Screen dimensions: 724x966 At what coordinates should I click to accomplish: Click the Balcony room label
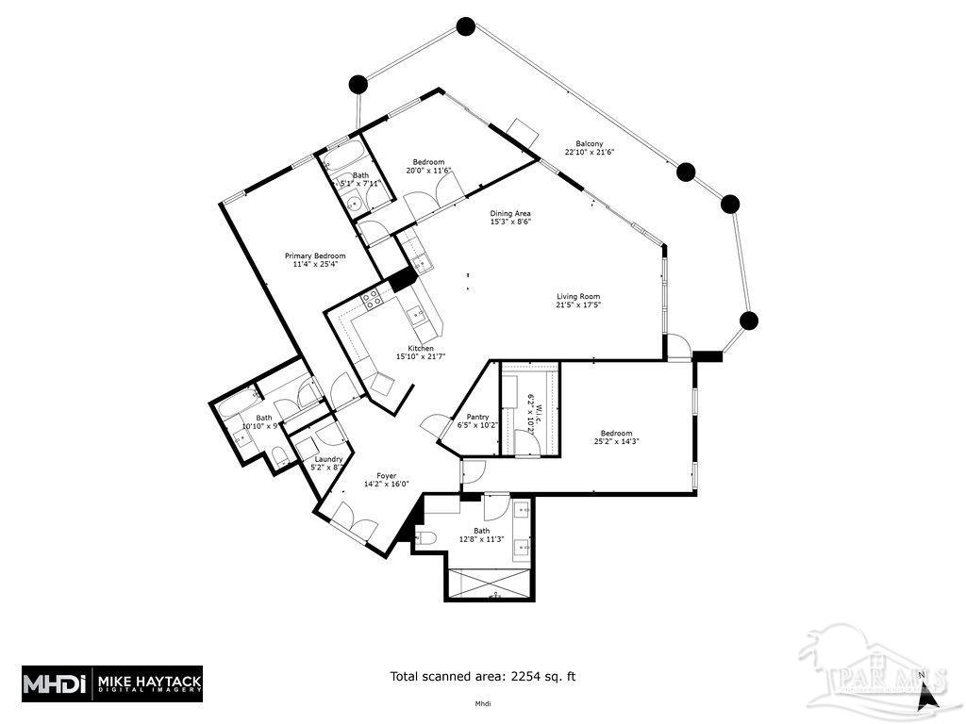584,143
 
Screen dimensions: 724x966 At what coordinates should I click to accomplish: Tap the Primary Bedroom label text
315,256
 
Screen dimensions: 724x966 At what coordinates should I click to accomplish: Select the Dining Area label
509,213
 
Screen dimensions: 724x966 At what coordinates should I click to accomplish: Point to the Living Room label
577,297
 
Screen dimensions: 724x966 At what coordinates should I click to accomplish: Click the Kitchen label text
421,348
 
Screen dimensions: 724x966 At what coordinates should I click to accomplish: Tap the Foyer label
387,476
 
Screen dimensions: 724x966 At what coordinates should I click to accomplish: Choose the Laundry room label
328,459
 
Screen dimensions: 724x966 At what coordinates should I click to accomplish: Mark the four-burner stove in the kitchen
372,300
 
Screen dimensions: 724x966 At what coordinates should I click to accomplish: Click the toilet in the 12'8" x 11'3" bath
425,538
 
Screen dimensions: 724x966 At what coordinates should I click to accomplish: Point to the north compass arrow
929,697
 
